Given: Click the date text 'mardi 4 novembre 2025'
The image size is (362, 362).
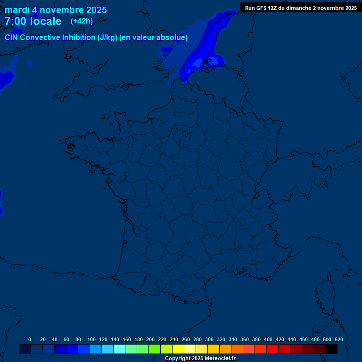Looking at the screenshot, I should (x=56, y=10).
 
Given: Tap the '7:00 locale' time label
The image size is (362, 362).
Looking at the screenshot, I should (x=33, y=21).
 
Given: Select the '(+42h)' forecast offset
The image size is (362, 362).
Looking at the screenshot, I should (x=82, y=21).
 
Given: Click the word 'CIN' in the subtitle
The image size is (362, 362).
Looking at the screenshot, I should (x=12, y=38).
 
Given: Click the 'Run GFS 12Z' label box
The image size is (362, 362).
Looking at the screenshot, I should (x=301, y=8).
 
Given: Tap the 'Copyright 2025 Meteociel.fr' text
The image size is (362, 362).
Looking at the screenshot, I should (x=200, y=358).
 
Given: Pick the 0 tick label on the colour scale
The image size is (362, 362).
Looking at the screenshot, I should (x=30, y=339).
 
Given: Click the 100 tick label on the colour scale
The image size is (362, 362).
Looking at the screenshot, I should (x=91, y=339).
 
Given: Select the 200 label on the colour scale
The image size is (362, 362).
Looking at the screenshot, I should (x=150, y=339).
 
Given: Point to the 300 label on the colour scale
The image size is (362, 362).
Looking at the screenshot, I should (x=209, y=339).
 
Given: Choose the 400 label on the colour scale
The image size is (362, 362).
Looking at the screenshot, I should (x=268, y=339).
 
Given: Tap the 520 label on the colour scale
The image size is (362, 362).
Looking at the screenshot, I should (x=338, y=339).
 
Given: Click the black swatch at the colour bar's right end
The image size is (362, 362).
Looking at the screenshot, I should (x=331, y=349).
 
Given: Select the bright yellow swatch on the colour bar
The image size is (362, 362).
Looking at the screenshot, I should (x=178, y=349).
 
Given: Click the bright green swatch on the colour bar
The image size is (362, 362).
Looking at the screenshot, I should (x=155, y=349).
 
